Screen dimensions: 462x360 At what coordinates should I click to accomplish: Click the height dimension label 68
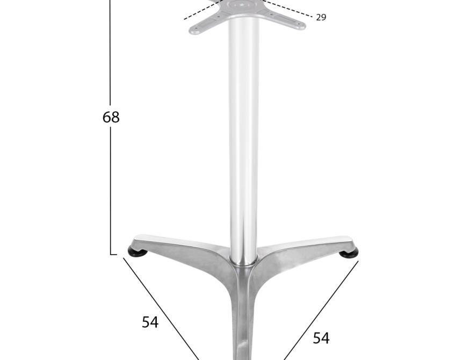pos(111,117)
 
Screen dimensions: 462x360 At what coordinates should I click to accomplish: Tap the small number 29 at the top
pos(321,17)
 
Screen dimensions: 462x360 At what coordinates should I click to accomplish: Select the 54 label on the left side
pos(150,322)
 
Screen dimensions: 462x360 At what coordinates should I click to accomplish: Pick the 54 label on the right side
pos(321,338)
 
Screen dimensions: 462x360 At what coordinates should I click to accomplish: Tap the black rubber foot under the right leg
pos(349,253)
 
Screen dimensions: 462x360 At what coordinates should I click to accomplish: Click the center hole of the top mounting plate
pos(242,5)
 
